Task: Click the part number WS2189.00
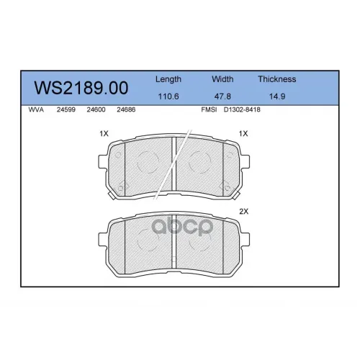coord(81,88)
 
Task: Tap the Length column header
coord(168,79)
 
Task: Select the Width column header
coord(222,79)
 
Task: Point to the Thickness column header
coord(277,79)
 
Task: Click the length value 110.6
coord(168,96)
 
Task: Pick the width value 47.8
coord(222,96)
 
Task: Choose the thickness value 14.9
coord(277,96)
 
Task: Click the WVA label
coord(36,109)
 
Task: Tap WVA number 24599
coord(66,109)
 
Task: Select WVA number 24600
coord(96,109)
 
